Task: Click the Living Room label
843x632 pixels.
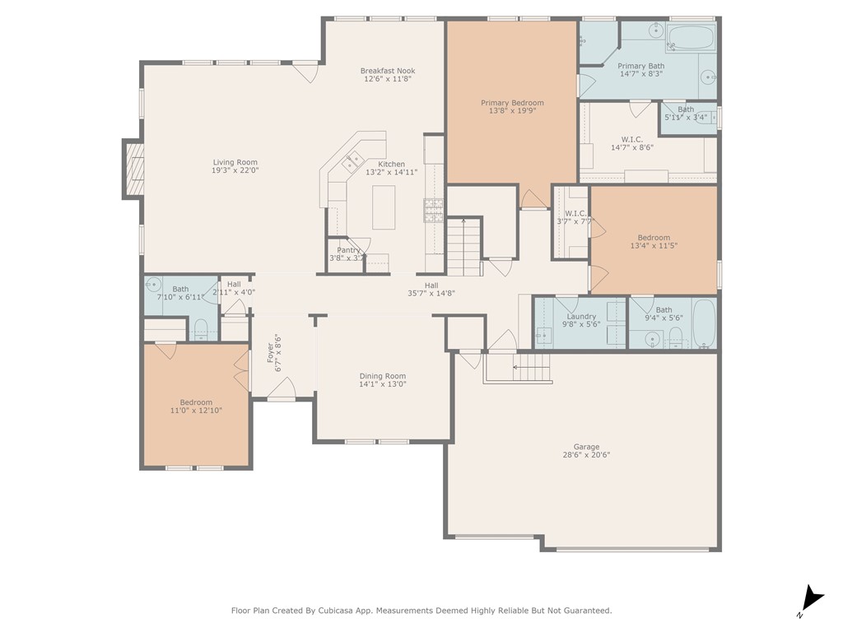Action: [235, 162]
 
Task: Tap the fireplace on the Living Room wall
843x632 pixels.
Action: [133, 169]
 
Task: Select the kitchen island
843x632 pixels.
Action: [384, 207]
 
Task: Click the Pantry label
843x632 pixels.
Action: [348, 250]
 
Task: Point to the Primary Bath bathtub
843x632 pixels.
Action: [691, 38]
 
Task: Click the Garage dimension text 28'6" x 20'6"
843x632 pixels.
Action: [586, 454]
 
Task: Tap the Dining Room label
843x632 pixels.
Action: [382, 376]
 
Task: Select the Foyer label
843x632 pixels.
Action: [271, 353]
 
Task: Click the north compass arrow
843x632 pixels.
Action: [812, 599]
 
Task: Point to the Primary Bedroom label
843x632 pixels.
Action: [512, 103]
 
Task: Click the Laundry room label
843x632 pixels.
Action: [581, 317]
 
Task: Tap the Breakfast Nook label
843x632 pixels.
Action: [388, 71]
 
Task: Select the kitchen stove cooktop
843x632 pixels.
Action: [433, 210]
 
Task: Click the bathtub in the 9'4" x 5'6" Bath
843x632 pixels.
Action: [705, 323]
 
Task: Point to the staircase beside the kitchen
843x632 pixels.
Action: [463, 247]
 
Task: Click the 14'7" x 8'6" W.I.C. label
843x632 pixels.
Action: [631, 139]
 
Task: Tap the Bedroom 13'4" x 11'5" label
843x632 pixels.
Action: [654, 238]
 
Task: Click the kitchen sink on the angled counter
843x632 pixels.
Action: [352, 160]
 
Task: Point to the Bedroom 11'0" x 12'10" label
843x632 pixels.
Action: [196, 402]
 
